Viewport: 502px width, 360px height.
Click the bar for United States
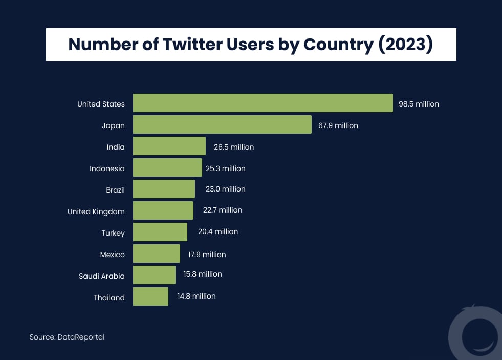coord(263,103)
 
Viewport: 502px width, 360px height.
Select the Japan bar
coord(222,124)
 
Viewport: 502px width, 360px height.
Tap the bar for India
coord(169,146)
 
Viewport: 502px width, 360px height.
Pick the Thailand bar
coord(150,297)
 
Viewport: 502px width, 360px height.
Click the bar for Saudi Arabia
coord(154,275)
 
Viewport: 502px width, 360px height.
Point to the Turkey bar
coord(160,232)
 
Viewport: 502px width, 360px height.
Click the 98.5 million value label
coord(419,104)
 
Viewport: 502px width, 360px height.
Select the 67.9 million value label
coord(338,125)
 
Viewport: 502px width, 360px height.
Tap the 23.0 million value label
coord(225,189)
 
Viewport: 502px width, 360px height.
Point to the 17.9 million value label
coord(207,254)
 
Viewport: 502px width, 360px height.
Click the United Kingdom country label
coord(96,211)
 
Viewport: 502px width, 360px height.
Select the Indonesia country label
coord(107,168)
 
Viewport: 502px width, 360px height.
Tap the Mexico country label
coord(112,254)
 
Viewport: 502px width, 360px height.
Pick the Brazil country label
coord(115,190)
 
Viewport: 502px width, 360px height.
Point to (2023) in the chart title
coord(405,45)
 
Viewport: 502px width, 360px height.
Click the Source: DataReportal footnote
coord(67,337)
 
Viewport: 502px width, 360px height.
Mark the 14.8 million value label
coord(197,296)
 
